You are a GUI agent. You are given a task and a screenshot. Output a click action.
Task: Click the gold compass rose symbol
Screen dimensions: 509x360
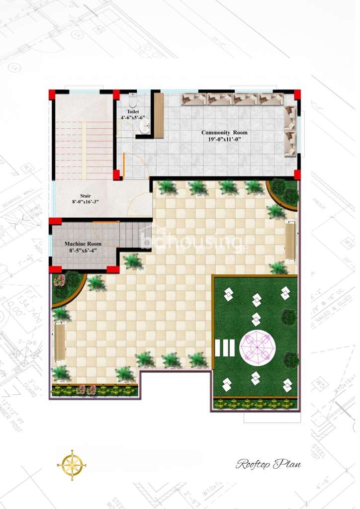pos(72,465)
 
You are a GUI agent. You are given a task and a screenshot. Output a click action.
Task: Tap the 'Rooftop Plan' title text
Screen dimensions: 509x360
pos(269,464)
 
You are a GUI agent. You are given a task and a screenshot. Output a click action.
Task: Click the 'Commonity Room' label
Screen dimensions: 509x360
pos(224,133)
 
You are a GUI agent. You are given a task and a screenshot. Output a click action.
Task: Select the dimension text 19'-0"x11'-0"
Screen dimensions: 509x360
pos(224,140)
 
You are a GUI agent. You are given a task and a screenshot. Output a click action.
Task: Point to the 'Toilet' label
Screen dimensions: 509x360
pos(132,112)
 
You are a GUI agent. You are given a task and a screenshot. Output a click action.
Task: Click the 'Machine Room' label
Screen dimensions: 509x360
pos(83,244)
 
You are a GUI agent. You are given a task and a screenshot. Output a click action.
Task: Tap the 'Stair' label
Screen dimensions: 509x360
pos(86,195)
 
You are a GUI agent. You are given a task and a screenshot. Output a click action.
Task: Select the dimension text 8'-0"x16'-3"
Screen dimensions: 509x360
pos(85,202)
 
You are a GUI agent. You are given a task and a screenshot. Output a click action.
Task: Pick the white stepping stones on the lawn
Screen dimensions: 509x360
pos(225,347)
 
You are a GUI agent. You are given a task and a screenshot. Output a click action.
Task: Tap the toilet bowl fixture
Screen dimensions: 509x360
pos(132,97)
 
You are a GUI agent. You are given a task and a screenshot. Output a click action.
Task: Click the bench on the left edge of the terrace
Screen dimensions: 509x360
pos(60,342)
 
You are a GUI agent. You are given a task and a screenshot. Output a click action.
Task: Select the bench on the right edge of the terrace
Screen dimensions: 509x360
pos(290,241)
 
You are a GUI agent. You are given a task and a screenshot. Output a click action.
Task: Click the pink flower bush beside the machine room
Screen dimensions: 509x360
pos(60,280)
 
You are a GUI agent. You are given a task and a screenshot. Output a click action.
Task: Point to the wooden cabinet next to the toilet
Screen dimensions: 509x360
pos(159,115)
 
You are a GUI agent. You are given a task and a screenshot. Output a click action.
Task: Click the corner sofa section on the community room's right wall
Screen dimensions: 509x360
pos(290,131)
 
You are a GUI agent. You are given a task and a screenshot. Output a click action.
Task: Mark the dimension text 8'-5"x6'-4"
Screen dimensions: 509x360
pos(83,251)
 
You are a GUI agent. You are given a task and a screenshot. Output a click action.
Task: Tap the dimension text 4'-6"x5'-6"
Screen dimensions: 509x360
pos(132,118)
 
